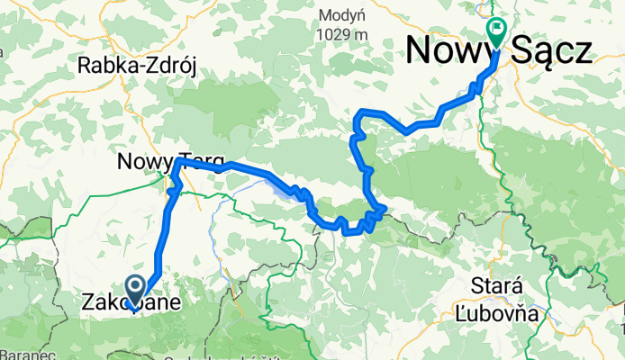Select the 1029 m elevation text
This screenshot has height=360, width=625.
click(x=342, y=33)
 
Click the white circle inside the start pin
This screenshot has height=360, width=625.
click(x=136, y=286)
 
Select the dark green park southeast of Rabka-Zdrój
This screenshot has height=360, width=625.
click(x=234, y=103)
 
